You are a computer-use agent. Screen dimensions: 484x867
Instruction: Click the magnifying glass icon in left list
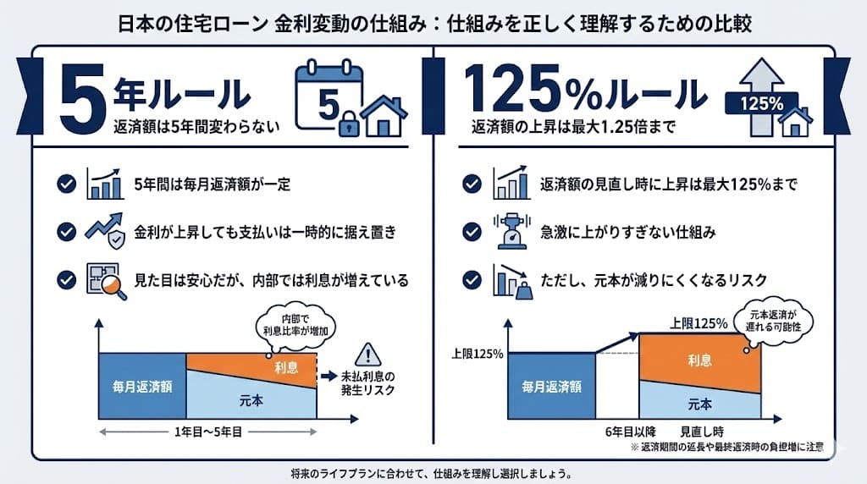(x=107, y=281)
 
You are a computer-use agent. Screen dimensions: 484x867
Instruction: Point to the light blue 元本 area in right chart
(x=699, y=402)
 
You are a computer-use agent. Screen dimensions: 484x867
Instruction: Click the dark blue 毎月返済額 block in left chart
(x=142, y=386)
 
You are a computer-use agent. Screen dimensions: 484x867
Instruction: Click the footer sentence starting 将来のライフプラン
(x=433, y=473)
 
